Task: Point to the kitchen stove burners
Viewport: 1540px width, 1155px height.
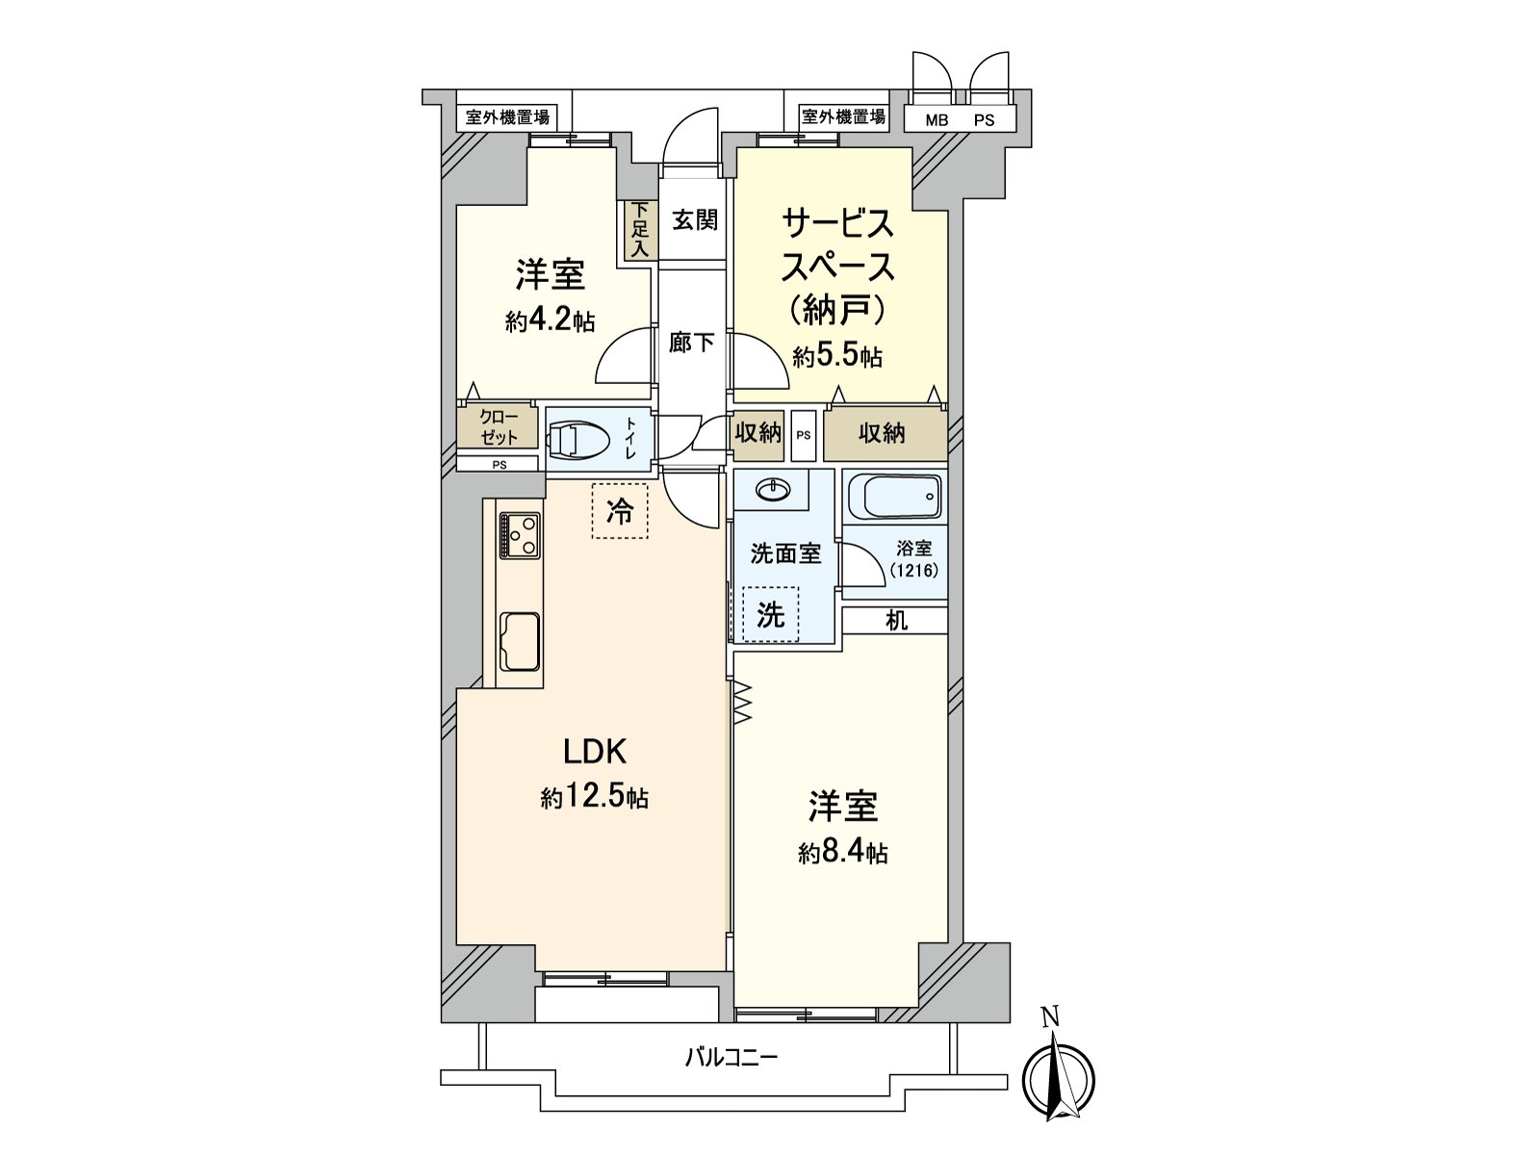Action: click(520, 535)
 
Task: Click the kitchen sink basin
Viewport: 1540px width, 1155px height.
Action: click(520, 639)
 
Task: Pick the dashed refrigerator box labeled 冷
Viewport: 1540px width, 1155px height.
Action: click(620, 511)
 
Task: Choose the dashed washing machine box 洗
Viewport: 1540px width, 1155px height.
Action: click(770, 614)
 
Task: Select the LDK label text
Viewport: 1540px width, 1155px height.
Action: click(596, 751)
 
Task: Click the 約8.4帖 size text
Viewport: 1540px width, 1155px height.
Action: click(842, 853)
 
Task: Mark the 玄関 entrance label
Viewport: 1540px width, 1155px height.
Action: click(694, 220)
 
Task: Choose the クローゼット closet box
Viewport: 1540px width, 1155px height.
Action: click(497, 426)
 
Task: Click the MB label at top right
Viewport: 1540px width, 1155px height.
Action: click(936, 121)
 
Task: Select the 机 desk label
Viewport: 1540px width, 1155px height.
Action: click(896, 621)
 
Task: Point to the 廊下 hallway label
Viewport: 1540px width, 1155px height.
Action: click(691, 342)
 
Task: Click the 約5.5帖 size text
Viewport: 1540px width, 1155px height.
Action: click(837, 357)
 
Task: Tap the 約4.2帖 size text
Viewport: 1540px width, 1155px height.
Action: click(550, 321)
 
